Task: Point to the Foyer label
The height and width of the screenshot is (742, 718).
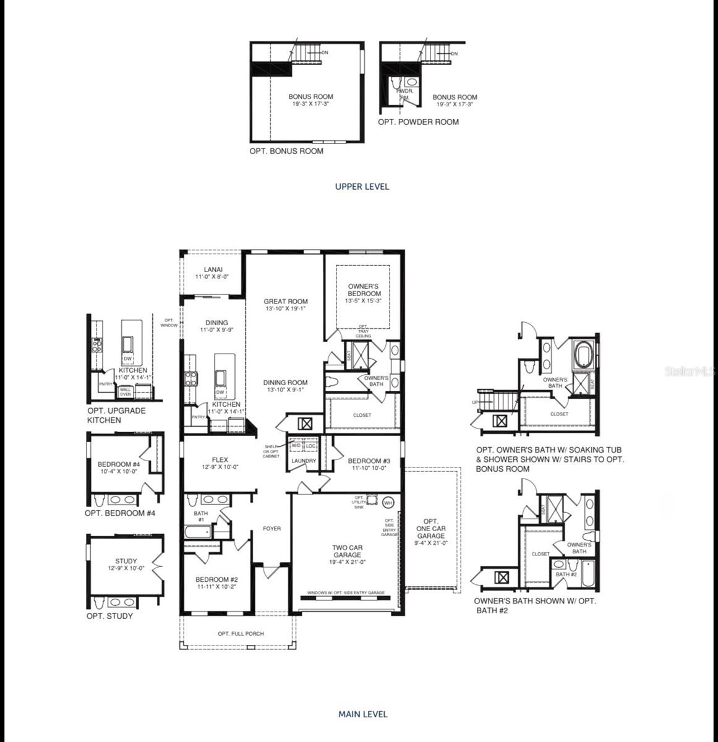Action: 271,529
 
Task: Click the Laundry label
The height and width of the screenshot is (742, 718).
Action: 304,461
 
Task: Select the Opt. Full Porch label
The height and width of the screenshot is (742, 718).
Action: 241,634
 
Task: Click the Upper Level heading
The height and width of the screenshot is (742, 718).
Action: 362,186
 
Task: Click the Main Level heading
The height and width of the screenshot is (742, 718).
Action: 363,714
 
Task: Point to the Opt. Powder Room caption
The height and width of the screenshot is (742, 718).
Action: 419,122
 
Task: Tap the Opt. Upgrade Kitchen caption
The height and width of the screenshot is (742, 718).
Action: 117,416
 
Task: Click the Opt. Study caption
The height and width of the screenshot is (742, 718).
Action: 109,616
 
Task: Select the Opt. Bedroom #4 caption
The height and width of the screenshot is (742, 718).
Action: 120,513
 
